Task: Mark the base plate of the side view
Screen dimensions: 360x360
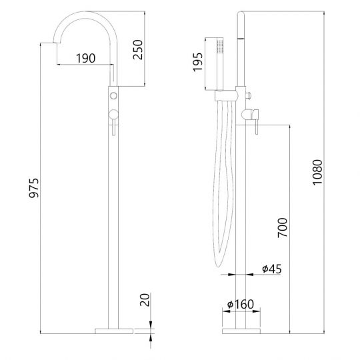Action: (241, 329)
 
